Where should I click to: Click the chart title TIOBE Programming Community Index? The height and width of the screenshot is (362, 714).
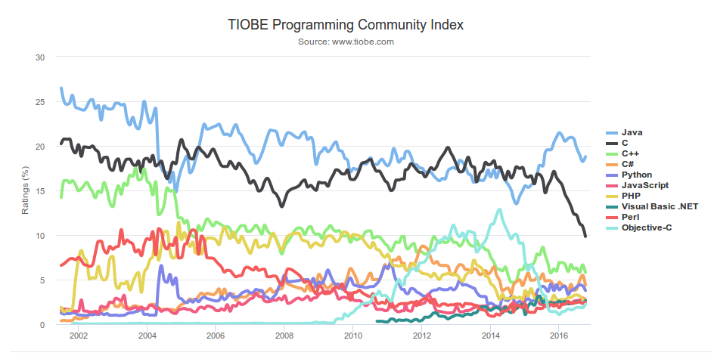click(345, 24)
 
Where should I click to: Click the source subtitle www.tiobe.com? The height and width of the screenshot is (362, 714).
click(346, 42)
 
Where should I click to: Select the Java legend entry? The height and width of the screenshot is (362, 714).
click(632, 132)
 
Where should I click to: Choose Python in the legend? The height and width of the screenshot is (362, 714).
click(636, 175)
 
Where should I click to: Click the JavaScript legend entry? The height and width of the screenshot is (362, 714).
click(644, 185)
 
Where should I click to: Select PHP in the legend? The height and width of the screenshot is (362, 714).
click(631, 196)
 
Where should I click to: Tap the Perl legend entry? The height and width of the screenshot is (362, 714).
click(631, 217)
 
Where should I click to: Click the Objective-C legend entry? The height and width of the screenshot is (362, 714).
click(646, 227)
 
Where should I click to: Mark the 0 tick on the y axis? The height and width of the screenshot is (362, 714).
click(42, 325)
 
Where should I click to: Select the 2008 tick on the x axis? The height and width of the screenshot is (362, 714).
click(284, 336)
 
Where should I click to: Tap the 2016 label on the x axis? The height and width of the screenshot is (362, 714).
click(558, 336)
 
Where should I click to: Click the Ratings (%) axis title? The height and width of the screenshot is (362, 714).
click(25, 191)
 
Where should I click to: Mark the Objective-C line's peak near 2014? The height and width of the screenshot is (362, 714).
click(498, 210)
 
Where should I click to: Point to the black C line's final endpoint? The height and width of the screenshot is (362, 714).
click(585, 237)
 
